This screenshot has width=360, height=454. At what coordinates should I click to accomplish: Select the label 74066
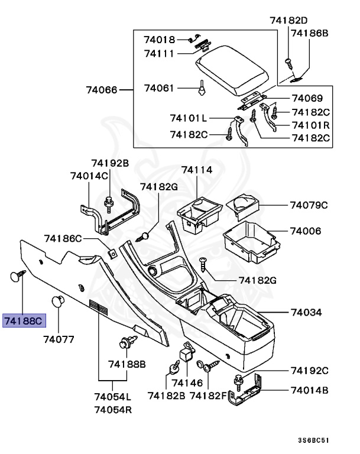[x=102, y=90]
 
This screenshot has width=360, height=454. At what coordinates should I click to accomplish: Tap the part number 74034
[x=306, y=312]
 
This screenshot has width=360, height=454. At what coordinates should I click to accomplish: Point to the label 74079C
[x=309, y=205]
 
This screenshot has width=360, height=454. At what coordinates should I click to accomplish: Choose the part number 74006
[x=306, y=231]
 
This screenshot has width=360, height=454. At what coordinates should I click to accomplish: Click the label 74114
[x=196, y=170]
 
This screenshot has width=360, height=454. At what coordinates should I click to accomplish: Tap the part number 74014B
[x=309, y=390]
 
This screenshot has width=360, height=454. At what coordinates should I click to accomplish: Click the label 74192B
[x=109, y=162]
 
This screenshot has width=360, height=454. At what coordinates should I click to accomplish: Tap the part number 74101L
[x=188, y=118]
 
